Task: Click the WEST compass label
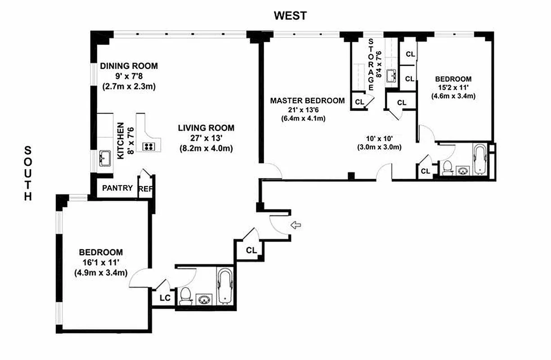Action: (291, 16)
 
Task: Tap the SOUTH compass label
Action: (28, 173)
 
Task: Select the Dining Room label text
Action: (129, 66)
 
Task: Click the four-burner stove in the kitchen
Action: (149, 146)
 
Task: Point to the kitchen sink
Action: (105, 157)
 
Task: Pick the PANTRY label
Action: (117, 188)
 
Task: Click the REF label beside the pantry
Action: (146, 189)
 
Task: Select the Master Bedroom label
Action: (307, 101)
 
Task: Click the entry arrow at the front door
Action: (296, 225)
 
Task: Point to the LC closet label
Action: (165, 297)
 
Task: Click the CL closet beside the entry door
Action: (251, 250)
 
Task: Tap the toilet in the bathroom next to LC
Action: (185, 297)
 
